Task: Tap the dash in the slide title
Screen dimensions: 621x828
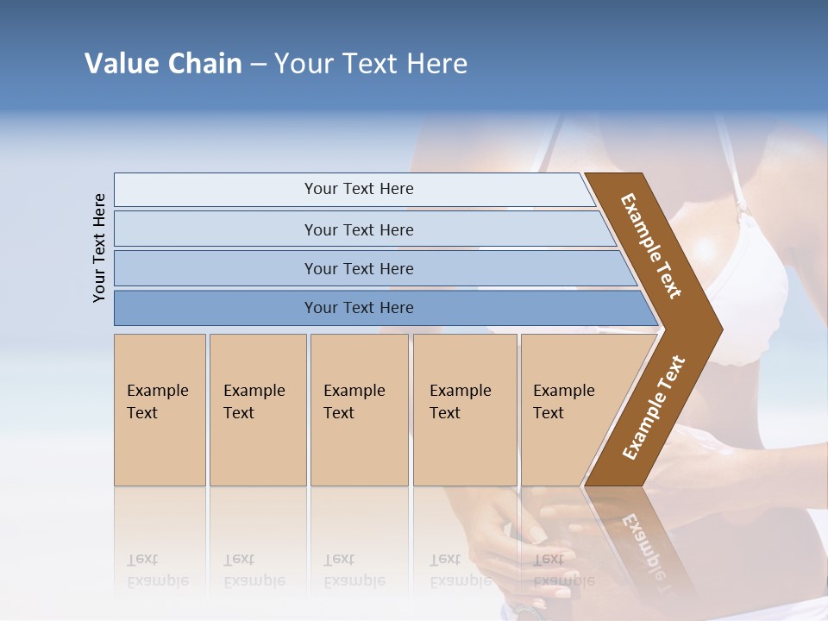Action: click(258, 65)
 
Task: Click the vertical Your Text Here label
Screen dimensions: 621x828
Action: click(99, 248)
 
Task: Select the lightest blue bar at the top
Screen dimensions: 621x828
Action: click(358, 189)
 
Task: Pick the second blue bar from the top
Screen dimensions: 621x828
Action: click(358, 229)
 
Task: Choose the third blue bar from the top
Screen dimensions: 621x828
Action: click(358, 268)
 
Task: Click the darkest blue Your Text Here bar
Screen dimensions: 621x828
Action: click(358, 308)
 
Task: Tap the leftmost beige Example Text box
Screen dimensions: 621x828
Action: click(160, 409)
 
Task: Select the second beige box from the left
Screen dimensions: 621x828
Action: click(257, 409)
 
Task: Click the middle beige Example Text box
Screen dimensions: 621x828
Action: click(359, 409)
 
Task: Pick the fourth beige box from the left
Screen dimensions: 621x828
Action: click(464, 409)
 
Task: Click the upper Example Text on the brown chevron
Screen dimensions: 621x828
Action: click(651, 246)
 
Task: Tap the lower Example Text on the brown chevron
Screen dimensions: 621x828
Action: click(653, 407)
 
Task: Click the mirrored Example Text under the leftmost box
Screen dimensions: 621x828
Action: click(158, 570)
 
